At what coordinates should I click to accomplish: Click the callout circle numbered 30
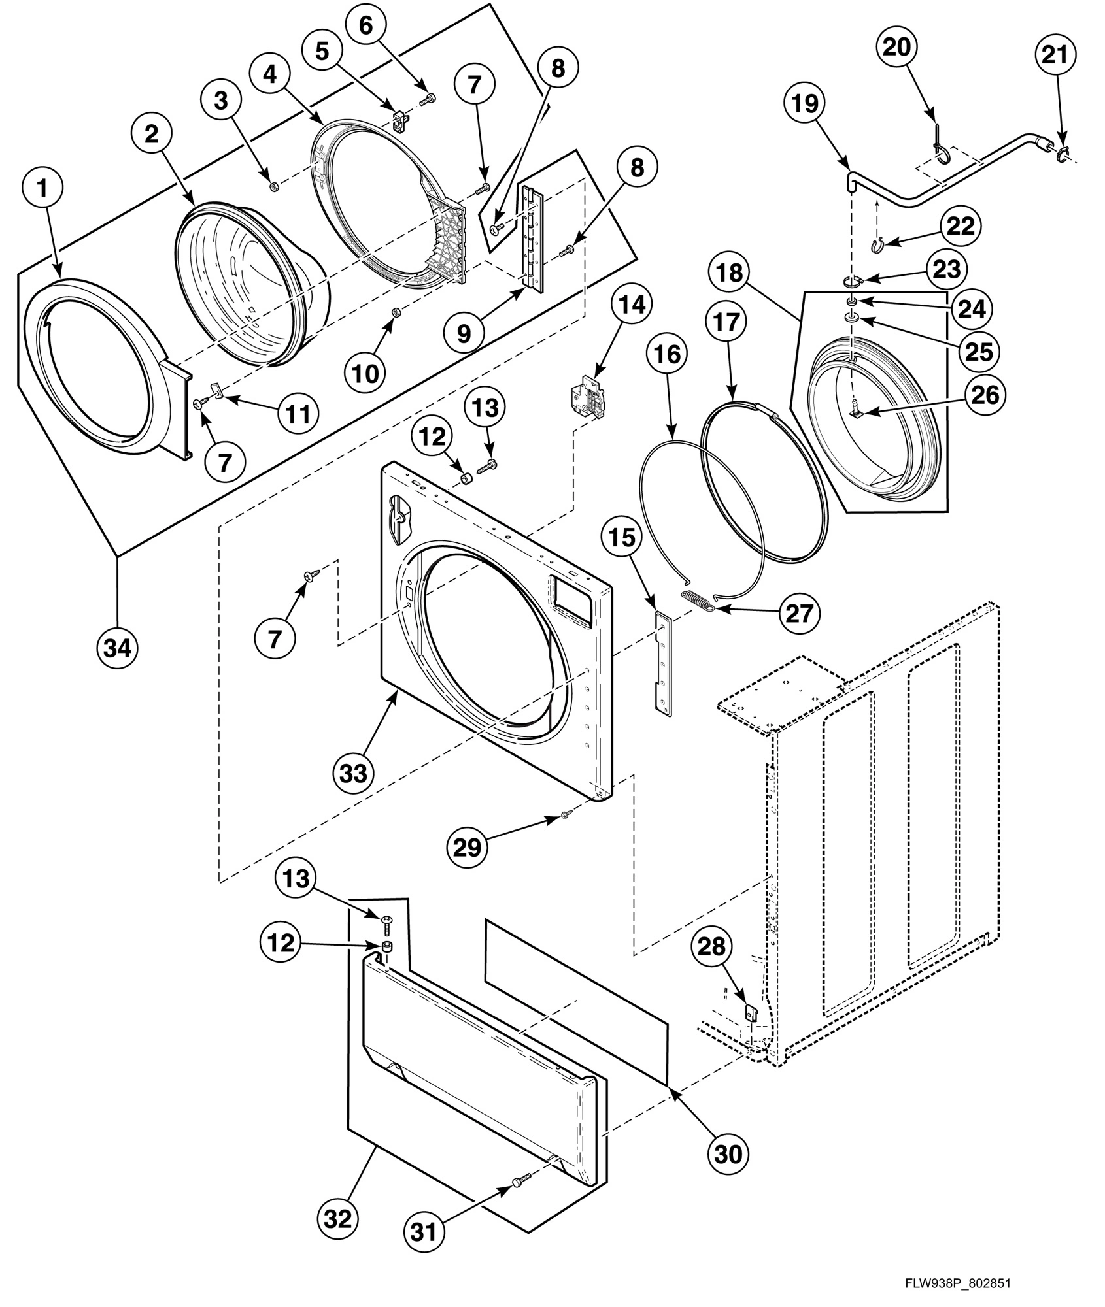728,1153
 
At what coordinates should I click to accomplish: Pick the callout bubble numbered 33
354,773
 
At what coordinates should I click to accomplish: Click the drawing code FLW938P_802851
957,1283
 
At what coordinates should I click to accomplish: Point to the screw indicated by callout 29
566,814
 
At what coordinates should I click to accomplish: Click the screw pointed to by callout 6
428,99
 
